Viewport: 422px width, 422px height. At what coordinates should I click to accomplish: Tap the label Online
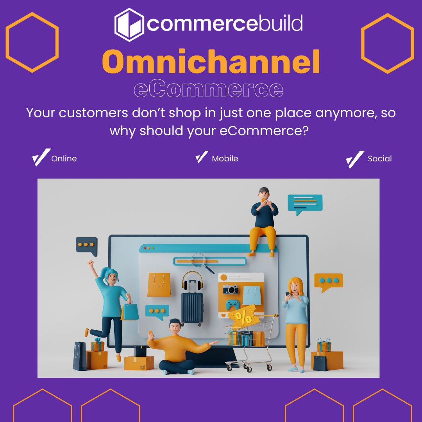click(64, 159)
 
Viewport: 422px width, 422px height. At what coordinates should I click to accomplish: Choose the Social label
click(379, 159)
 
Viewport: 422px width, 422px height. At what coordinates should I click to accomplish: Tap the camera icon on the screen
click(231, 290)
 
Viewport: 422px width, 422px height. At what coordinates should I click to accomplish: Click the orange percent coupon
click(244, 317)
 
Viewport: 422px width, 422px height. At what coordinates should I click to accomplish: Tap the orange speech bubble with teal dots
click(328, 281)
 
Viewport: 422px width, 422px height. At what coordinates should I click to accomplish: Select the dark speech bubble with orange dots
click(86, 245)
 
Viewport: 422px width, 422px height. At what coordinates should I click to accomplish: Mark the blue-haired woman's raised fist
click(91, 263)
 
